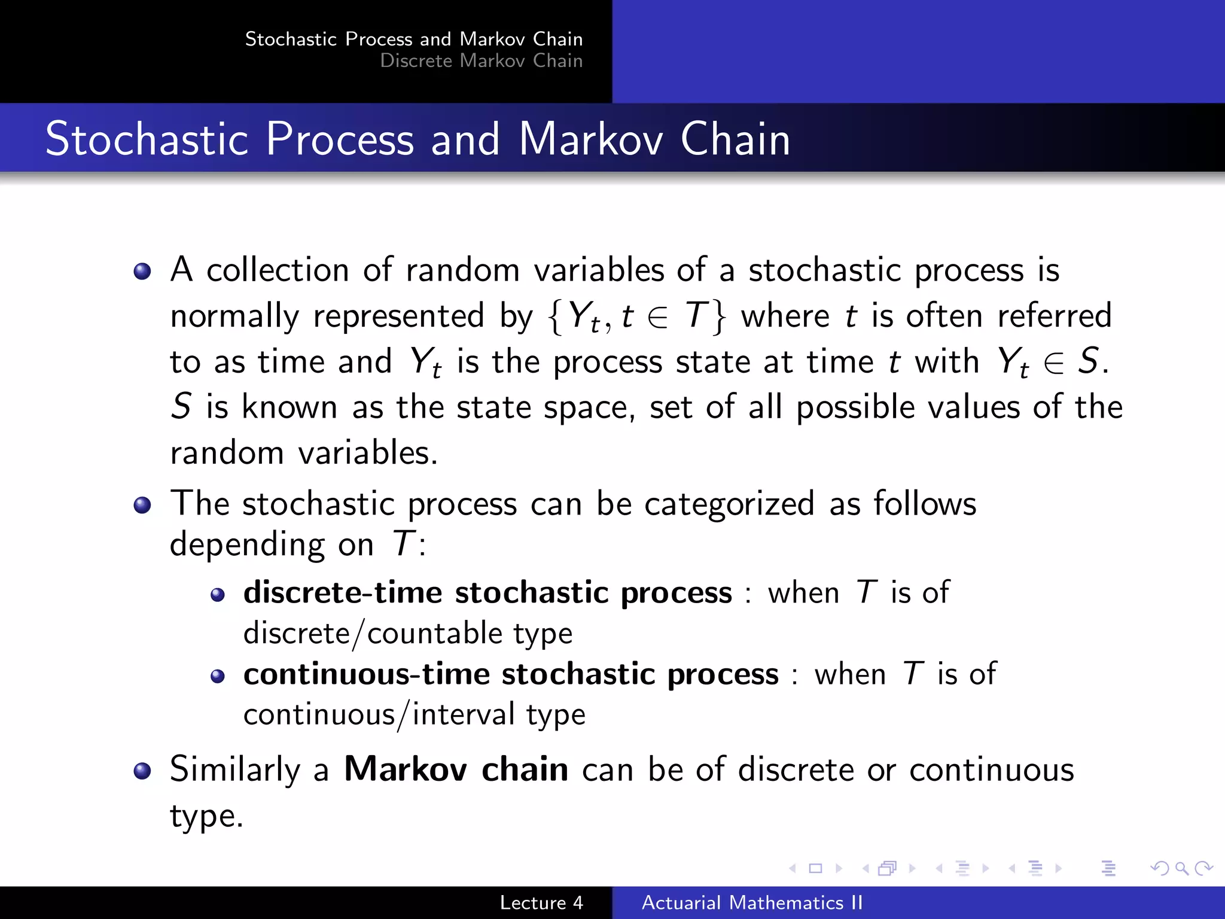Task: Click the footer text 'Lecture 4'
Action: point(541,902)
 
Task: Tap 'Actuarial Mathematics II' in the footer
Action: point(752,902)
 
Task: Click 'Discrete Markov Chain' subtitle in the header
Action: point(481,60)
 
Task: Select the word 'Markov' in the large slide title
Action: point(590,139)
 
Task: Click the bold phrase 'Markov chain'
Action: point(456,769)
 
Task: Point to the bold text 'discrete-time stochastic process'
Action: point(487,592)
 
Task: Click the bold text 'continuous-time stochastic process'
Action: point(511,674)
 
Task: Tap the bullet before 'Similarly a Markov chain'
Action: point(142,771)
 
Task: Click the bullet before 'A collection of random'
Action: point(142,272)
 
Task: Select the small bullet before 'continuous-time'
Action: point(218,677)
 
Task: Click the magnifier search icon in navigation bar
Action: point(1181,868)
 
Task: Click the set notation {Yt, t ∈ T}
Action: point(636,316)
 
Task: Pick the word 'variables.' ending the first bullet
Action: point(368,452)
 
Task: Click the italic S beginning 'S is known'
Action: point(181,407)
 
